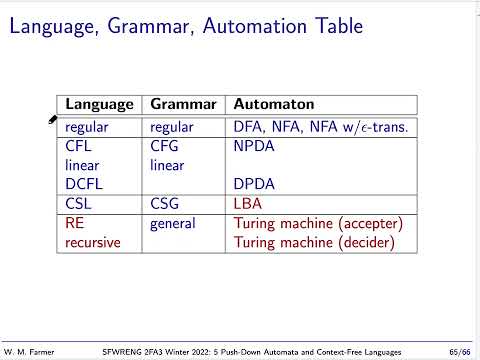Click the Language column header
[99, 104]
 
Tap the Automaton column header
[274, 104]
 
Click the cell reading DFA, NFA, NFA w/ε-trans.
[324, 127]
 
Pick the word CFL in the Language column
[78, 146]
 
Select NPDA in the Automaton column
[254, 146]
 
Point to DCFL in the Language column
[83, 184]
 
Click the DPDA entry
[254, 184]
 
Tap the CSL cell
[78, 204]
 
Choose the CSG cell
[165, 204]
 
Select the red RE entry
[74, 224]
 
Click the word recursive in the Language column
[93, 243]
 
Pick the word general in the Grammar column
[173, 224]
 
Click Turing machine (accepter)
[317, 224]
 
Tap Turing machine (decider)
[313, 243]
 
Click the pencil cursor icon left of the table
[52, 119]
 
